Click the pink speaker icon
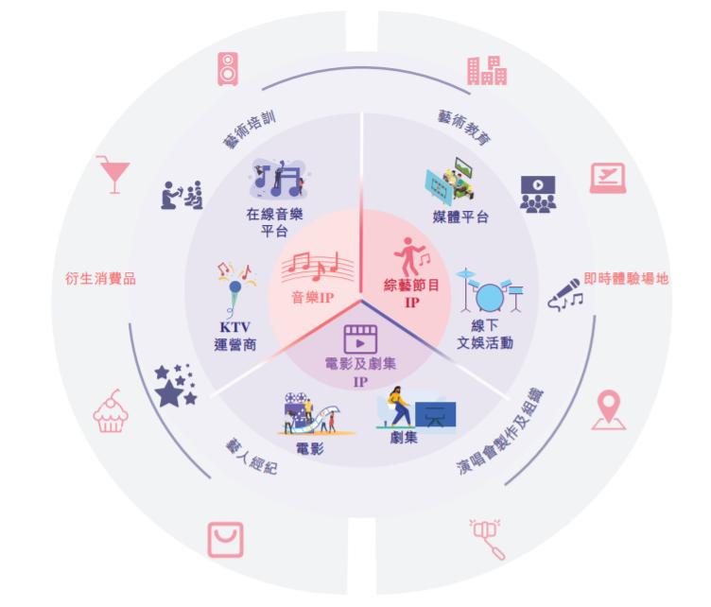228,69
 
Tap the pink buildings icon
487,71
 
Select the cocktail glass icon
113,175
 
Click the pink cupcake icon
111,410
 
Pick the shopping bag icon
225,540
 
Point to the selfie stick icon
488,539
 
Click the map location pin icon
609,409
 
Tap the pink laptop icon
608,178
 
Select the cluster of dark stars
175,385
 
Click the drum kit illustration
490,290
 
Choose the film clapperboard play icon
360,339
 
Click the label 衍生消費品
100,278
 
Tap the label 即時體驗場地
626,278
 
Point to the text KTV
234,327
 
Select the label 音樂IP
313,298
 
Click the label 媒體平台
460,217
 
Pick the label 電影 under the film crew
310,449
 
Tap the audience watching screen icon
538,195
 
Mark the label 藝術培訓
250,130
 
